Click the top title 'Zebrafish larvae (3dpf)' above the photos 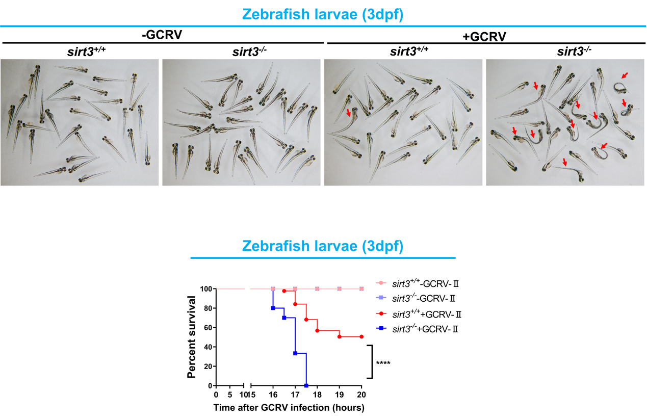click(323, 15)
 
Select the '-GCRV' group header click(163, 36)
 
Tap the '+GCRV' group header click(484, 36)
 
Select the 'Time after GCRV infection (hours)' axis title click(289, 408)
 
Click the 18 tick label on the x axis click(317, 395)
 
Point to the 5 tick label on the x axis click(230, 395)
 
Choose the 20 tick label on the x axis click(361, 395)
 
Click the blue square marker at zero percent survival click(306, 385)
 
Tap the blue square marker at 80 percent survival click(273, 308)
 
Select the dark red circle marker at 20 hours click(361, 336)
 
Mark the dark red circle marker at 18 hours click(317, 331)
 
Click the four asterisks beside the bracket click(383, 363)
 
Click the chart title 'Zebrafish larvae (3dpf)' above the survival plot click(323, 246)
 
